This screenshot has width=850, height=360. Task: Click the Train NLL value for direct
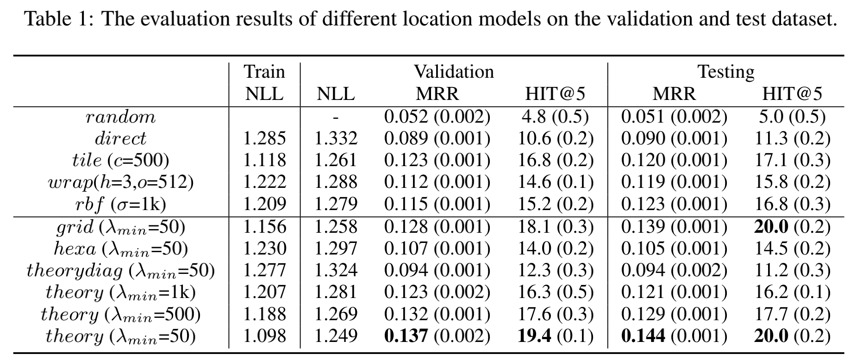click(x=264, y=138)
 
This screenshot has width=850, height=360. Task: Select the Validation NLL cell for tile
click(x=336, y=160)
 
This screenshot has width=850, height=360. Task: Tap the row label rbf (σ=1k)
click(x=120, y=204)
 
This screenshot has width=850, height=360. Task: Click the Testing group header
click(x=725, y=72)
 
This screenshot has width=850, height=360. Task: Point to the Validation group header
click(x=453, y=72)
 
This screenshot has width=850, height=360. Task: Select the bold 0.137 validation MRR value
click(x=406, y=336)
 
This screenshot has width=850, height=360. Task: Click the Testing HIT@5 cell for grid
click(x=792, y=226)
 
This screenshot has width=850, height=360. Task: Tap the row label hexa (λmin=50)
click(x=120, y=249)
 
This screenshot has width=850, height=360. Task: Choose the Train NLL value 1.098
click(x=264, y=336)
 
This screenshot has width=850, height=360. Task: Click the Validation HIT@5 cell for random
click(x=555, y=117)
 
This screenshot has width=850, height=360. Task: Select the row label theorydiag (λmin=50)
click(x=120, y=271)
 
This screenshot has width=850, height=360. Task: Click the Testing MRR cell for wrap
click(x=674, y=182)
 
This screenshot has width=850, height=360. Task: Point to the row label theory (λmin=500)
click(x=120, y=315)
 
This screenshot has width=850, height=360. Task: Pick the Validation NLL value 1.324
click(x=336, y=270)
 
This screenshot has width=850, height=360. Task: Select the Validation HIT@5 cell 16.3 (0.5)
click(x=555, y=292)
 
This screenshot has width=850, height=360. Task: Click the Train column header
click(x=264, y=72)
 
